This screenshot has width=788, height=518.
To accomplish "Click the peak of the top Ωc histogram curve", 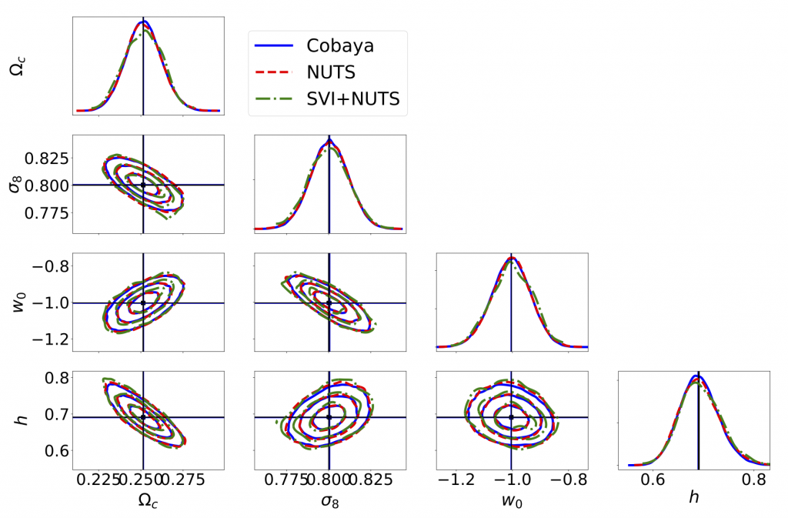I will (143, 21).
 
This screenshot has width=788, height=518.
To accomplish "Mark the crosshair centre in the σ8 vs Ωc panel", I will (143, 185).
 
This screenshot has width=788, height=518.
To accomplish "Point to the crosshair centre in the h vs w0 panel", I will (511, 417).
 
